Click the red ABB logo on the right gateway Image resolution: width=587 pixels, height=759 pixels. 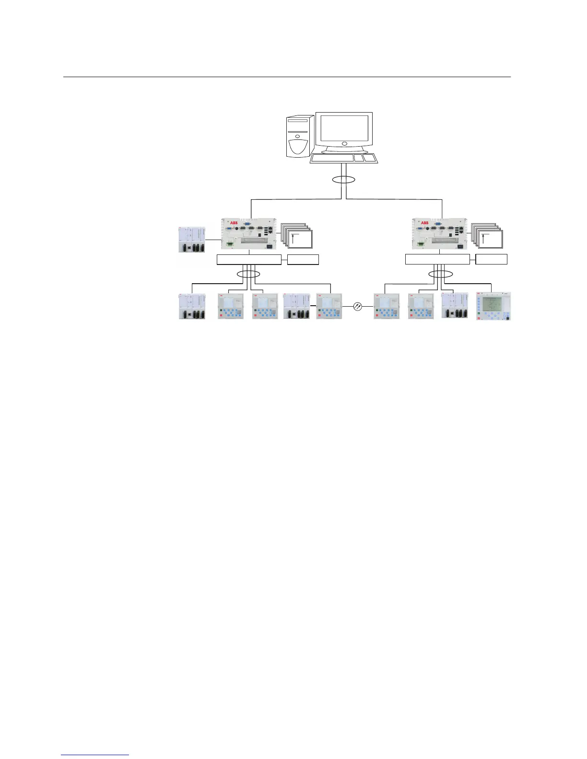[425, 223]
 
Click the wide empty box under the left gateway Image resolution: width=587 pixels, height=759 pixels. [248, 260]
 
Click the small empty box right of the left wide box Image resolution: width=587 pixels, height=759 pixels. [303, 260]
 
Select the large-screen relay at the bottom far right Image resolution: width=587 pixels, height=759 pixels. [493, 306]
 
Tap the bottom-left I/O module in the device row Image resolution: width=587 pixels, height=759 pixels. [192, 306]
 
